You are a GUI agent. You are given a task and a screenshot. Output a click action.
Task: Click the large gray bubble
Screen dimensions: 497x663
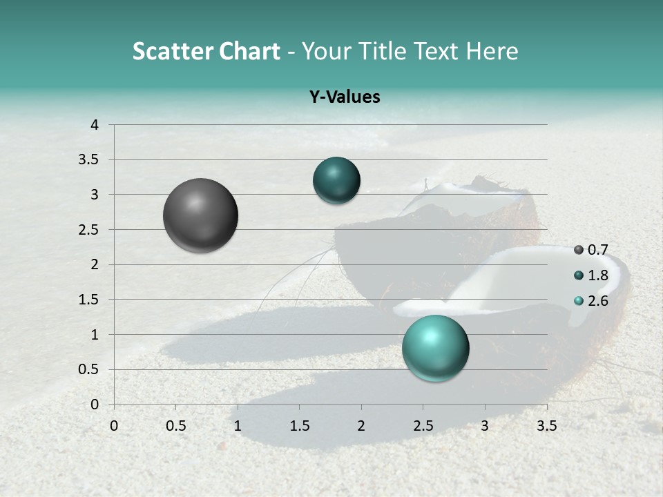pyautogui.click(x=200, y=215)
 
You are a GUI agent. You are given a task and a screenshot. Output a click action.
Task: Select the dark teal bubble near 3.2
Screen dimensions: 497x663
pyautogui.click(x=336, y=181)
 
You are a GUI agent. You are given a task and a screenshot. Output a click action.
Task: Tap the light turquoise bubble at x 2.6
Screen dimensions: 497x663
pyautogui.click(x=435, y=348)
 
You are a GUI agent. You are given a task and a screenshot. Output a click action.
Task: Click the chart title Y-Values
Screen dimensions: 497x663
pyautogui.click(x=345, y=97)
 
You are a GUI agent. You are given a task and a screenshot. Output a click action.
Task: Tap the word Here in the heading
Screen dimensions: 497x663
pyautogui.click(x=492, y=51)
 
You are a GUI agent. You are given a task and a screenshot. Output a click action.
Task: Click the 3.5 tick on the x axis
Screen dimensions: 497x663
pyautogui.click(x=547, y=425)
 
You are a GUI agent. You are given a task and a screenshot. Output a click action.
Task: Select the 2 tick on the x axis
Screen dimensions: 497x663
pyautogui.click(x=361, y=425)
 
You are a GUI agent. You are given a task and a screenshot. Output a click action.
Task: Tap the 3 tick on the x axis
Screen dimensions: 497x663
pyautogui.click(x=485, y=425)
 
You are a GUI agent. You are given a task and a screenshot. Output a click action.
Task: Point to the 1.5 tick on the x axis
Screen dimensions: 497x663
pyautogui.click(x=299, y=425)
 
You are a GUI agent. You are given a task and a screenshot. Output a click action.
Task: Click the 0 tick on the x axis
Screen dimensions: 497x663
pyautogui.click(x=114, y=425)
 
